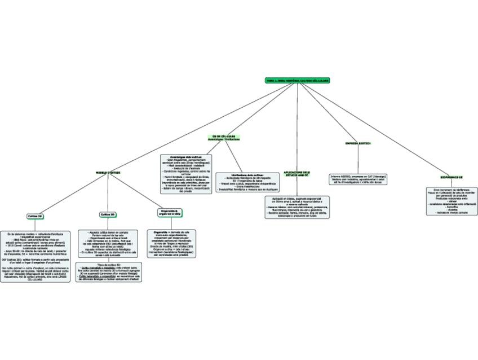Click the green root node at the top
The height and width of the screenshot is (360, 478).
click(297, 81)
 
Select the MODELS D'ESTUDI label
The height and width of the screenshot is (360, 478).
click(108, 172)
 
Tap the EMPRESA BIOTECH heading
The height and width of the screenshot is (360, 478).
click(358, 143)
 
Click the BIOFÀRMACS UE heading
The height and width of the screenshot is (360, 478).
click(452, 177)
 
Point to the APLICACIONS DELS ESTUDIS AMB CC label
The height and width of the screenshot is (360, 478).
click(297, 174)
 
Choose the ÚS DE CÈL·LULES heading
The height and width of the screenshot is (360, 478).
click(224, 138)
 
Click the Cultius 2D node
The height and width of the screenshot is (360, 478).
click(35, 216)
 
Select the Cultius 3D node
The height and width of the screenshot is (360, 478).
click(108, 214)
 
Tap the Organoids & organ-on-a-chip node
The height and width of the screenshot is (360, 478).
click(170, 212)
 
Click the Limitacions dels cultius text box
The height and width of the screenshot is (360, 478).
click(248, 183)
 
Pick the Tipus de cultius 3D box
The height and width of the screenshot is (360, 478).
click(109, 272)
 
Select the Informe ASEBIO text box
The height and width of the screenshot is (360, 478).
click(358, 179)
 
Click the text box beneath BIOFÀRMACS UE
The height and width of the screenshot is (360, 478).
click(452, 201)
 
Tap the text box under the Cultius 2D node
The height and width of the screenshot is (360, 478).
click(36, 256)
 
